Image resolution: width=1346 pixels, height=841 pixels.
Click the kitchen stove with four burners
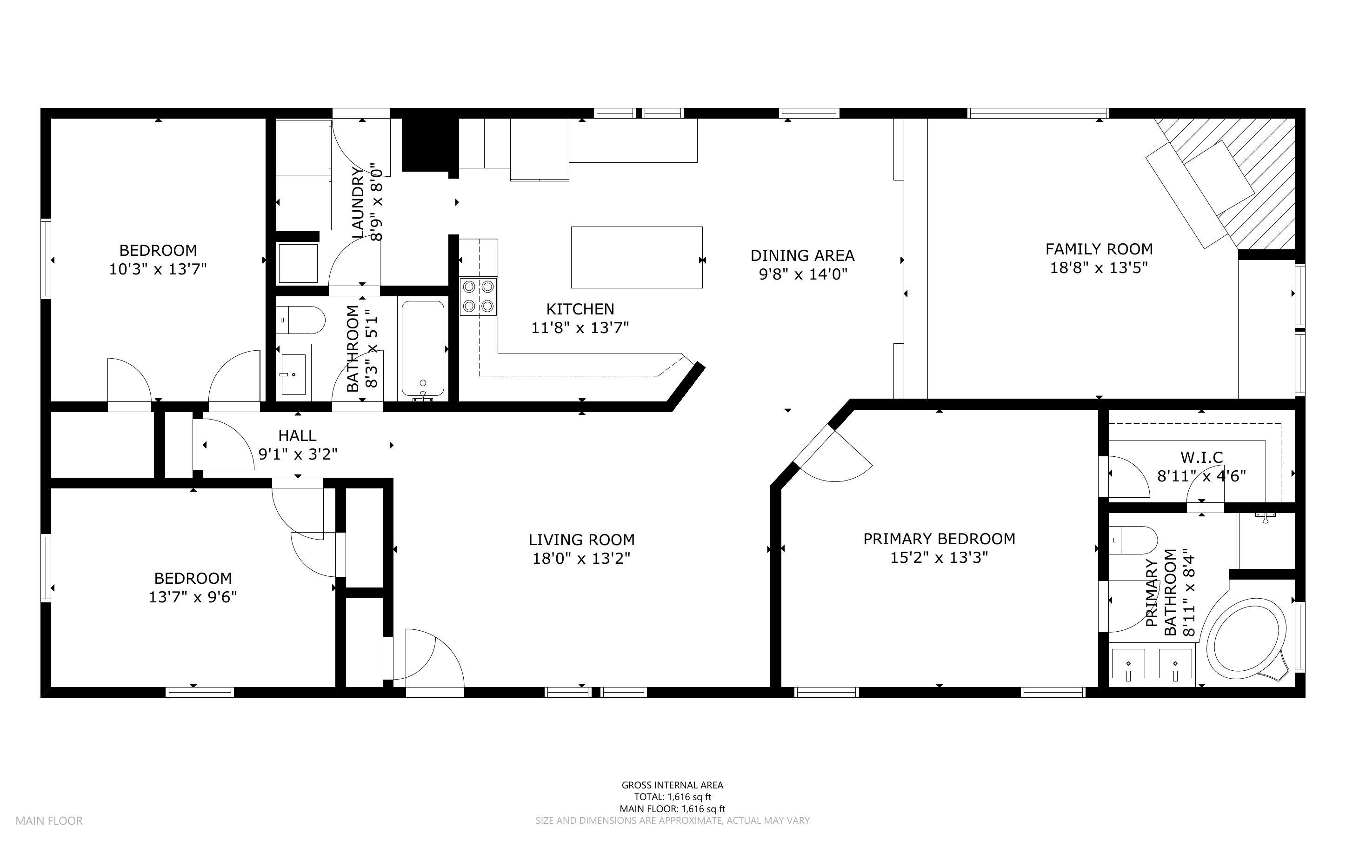[478, 297]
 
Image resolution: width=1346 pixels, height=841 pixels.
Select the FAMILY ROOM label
[1099, 249]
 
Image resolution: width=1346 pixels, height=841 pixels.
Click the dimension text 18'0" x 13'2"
[581, 558]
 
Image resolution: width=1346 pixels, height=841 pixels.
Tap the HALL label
[298, 435]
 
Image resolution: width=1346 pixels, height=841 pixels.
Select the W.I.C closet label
[1201, 457]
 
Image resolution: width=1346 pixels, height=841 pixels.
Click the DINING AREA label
[802, 255]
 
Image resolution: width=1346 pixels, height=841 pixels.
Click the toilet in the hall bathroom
[300, 320]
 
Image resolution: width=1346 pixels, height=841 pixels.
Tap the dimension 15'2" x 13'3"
[939, 557]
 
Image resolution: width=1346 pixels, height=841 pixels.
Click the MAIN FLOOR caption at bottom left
[49, 821]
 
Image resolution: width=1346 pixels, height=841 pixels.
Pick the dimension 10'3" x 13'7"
[158, 269]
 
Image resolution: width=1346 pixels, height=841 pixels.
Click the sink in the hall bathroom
[293, 374]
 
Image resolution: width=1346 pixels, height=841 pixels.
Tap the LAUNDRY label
[358, 202]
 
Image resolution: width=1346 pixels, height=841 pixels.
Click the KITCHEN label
[580, 309]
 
